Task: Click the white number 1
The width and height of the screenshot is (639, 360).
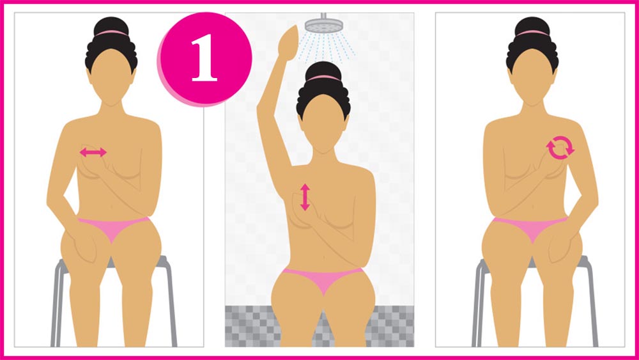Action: (204, 58)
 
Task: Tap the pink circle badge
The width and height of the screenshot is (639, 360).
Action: (205, 59)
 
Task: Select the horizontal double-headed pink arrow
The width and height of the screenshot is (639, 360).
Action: (93, 152)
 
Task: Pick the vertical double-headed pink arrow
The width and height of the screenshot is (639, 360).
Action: (305, 198)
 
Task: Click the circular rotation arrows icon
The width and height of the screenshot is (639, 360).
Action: (560, 148)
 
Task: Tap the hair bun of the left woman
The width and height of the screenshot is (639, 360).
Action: (111, 26)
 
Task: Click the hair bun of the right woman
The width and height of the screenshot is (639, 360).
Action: (532, 26)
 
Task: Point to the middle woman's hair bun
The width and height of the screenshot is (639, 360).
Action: (323, 71)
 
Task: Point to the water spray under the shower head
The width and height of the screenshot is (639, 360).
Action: (326, 47)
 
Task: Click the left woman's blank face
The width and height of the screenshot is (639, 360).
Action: (111, 75)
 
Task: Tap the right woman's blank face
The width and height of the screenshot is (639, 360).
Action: (532, 75)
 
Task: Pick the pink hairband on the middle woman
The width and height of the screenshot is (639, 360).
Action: (323, 78)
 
